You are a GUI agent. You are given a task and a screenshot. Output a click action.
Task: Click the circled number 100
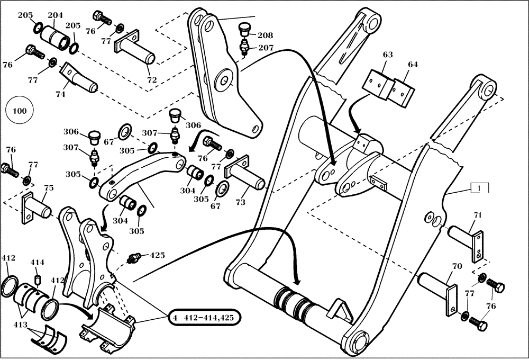point(20,111)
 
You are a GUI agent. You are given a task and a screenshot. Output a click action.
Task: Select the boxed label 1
point(479,188)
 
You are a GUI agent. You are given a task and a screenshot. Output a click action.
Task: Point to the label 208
point(265,35)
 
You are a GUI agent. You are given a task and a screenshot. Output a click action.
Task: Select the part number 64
point(413,65)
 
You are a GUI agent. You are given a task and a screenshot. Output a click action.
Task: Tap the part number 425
point(157,255)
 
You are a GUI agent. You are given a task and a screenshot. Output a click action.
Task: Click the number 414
point(37,263)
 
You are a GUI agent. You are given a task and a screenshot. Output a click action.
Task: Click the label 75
point(48,188)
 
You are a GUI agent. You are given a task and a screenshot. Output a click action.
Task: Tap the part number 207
point(265,48)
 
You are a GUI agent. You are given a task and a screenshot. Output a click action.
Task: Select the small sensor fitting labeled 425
point(135,259)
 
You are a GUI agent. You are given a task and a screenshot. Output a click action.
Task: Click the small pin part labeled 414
point(37,278)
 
